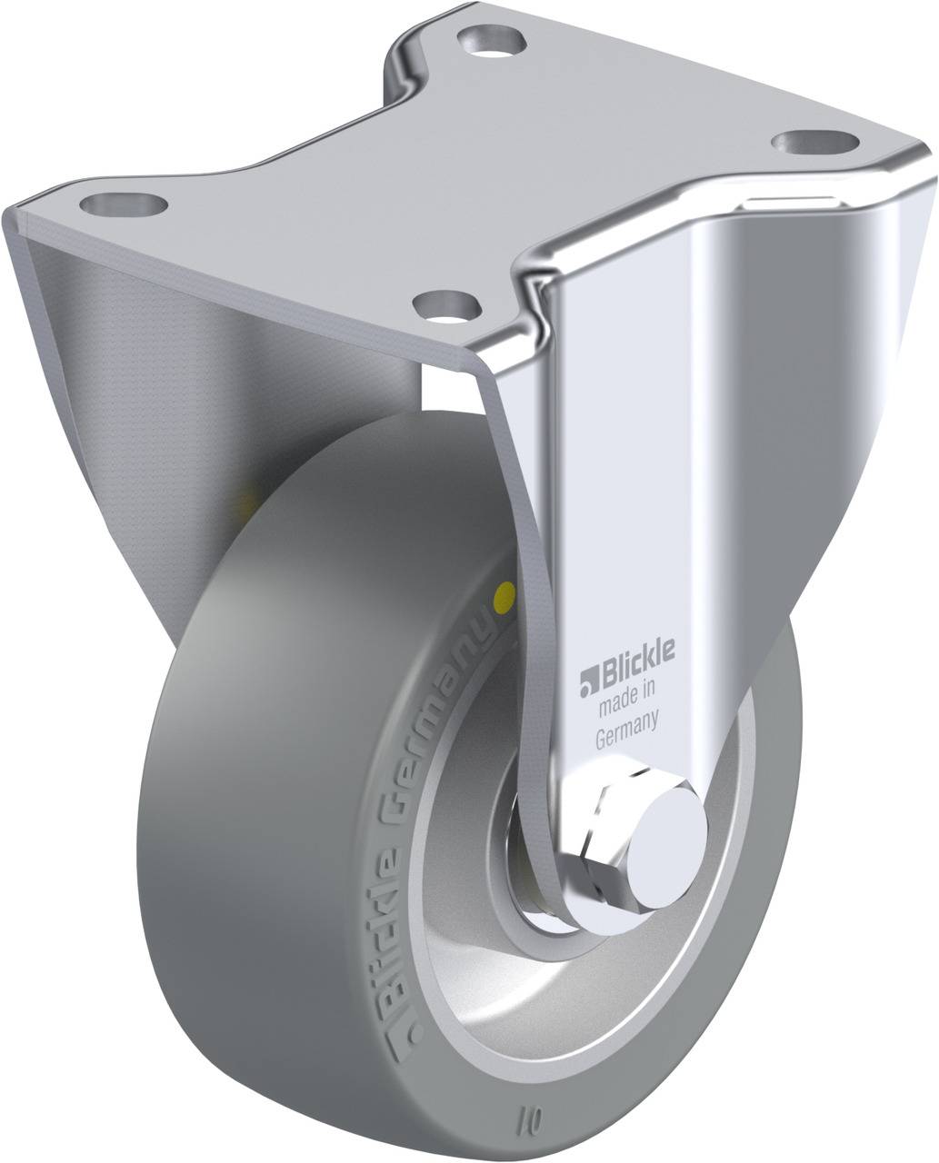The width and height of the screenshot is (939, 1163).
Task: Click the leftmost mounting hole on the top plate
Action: click(x=123, y=202)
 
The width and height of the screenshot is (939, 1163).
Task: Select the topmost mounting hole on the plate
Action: click(x=492, y=39)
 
